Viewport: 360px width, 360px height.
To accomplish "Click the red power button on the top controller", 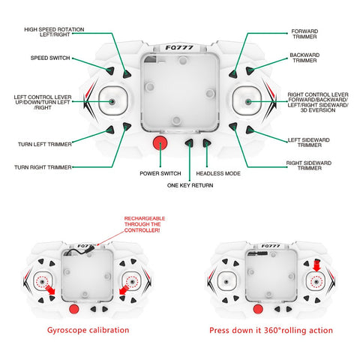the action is (x=160, y=143).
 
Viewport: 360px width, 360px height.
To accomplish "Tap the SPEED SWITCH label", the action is (x=50, y=58).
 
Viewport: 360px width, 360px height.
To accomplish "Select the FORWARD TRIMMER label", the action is (x=304, y=34).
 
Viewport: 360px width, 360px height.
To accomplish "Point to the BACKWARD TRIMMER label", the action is (x=304, y=58).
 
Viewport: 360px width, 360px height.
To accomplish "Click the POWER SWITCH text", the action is (x=160, y=173).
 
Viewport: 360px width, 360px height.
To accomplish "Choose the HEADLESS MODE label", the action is (x=218, y=173).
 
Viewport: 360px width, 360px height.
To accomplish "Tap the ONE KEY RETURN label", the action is (x=190, y=185).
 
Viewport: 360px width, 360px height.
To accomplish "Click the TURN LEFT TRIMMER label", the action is (x=45, y=144).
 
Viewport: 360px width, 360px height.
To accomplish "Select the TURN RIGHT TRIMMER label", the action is (x=43, y=167).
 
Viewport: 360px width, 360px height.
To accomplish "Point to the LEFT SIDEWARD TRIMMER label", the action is (x=309, y=142).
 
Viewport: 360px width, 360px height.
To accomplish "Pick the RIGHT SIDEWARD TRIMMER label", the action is (x=309, y=166).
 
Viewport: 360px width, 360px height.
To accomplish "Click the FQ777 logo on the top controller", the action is (x=179, y=47).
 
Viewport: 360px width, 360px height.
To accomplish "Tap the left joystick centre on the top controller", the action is (x=112, y=101).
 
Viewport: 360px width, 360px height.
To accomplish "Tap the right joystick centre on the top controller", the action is (x=248, y=101).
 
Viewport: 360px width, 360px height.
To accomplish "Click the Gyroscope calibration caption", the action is (x=88, y=330).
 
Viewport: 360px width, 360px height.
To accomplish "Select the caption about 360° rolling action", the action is (x=271, y=330).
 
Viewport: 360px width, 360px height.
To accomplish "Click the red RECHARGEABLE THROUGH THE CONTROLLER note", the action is (x=145, y=224).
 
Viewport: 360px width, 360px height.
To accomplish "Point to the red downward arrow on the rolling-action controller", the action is (x=316, y=265).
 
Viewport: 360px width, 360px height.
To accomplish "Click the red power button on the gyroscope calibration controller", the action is (x=74, y=309).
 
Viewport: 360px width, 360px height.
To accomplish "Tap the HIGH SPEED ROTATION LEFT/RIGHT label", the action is (x=54, y=32).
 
